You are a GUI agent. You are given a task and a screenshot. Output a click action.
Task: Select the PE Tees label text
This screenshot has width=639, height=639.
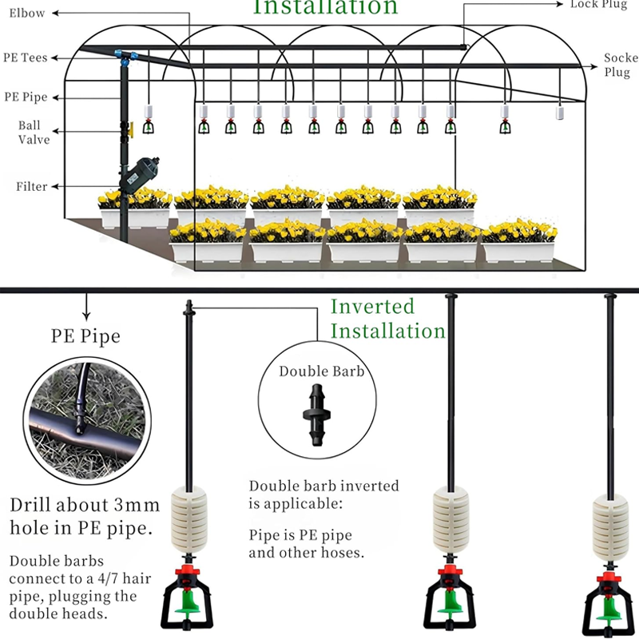point(26,58)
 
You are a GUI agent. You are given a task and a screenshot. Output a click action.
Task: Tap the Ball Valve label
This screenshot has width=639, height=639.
point(34,133)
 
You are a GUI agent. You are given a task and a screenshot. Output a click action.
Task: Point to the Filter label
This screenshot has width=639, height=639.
point(32,187)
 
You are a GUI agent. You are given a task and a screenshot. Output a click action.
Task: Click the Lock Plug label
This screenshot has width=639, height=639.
point(599,5)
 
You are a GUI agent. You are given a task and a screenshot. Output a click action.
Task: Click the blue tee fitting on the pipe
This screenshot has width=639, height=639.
point(125,57)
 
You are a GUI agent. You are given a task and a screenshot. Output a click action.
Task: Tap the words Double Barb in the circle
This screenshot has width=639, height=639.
point(321,371)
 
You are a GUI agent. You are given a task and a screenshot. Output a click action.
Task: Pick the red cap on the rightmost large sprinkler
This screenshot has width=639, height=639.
point(610,577)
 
